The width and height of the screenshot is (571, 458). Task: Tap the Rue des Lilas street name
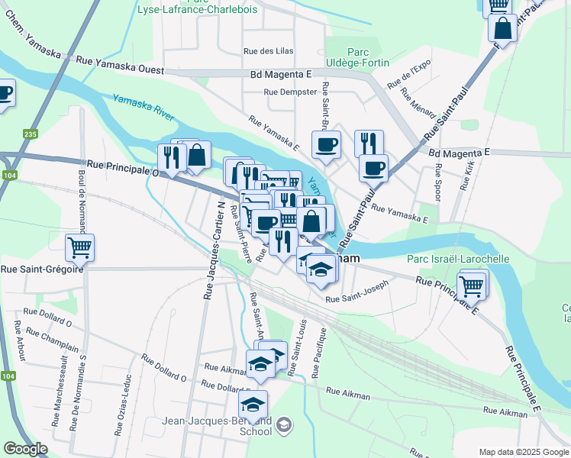(268, 51)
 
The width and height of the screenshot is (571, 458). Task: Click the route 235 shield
(30, 134)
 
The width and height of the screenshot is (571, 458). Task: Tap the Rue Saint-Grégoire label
(41, 269)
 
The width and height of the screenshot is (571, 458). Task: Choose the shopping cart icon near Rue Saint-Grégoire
(79, 247)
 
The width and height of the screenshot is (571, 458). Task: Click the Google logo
(25, 449)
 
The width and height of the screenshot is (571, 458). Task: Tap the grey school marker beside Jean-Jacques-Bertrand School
(284, 424)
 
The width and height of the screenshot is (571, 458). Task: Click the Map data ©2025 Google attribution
(523, 452)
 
